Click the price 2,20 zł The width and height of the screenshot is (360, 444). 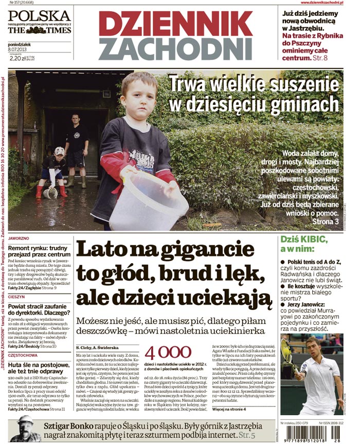[20, 58]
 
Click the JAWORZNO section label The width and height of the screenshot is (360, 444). [20, 239]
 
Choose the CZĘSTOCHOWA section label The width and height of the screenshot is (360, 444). [24, 355]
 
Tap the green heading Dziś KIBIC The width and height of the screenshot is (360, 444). [303, 239]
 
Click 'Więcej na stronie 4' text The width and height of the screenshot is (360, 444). [229, 409]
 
